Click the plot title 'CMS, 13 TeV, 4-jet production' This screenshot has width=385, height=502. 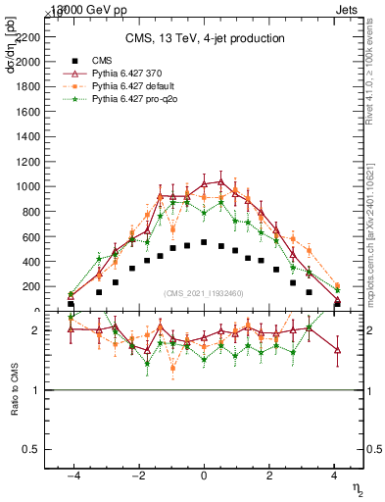tap(205, 39)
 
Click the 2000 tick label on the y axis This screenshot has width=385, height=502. tap(28, 61)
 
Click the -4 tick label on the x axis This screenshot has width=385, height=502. tap(72, 476)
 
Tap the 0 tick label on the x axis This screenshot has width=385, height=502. tap(204, 476)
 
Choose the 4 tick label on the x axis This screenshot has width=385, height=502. tap(334, 476)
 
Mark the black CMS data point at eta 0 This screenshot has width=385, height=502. tap(204, 242)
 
